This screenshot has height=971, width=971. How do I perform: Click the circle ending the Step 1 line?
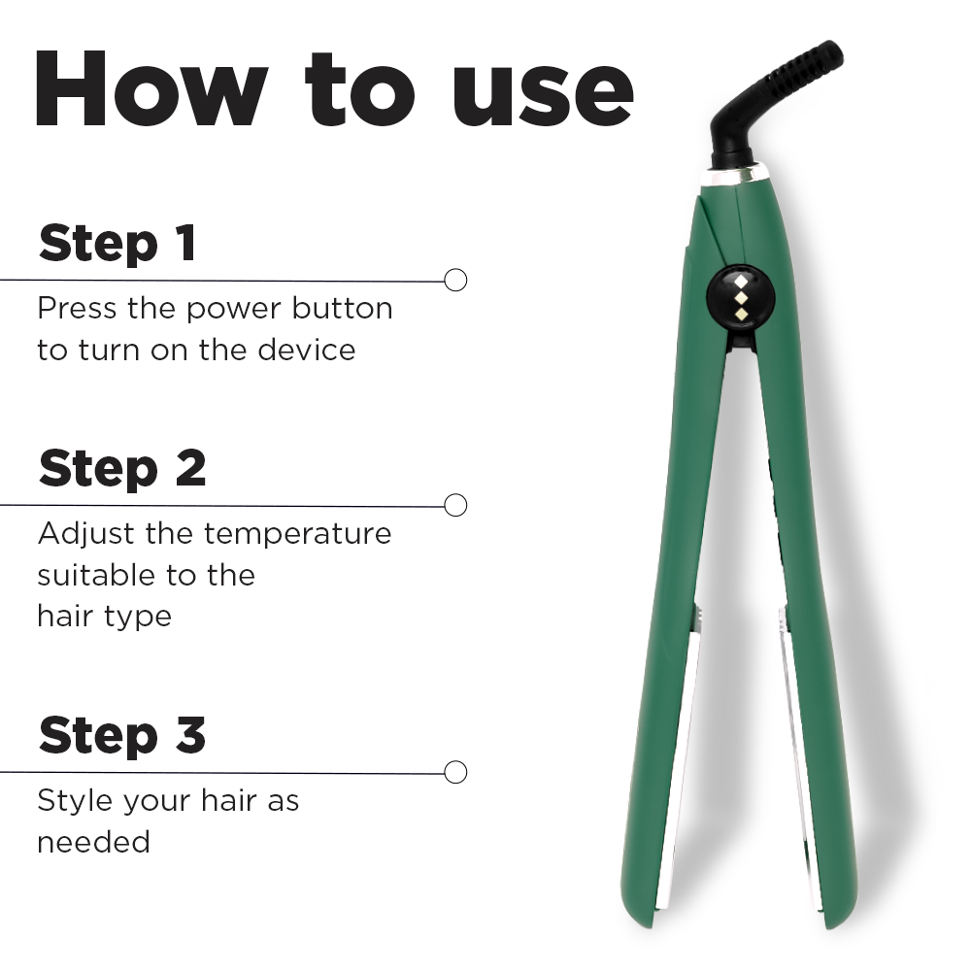click(455, 280)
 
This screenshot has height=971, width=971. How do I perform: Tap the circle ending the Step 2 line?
click(455, 505)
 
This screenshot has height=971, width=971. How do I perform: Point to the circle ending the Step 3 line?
click(455, 772)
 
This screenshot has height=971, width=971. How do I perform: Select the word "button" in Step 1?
click(345, 309)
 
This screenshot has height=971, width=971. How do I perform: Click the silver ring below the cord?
click(733, 176)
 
